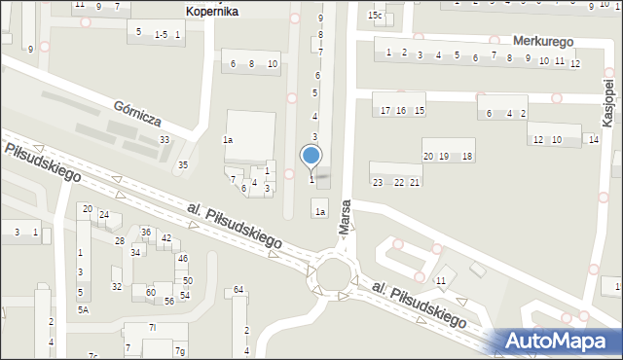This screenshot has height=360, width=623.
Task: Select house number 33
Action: (165, 140)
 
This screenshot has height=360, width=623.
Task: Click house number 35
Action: (182, 164)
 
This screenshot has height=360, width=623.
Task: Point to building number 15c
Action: (375, 16)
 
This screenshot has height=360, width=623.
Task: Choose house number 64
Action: (238, 290)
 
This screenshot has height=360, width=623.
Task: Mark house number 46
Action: (182, 258)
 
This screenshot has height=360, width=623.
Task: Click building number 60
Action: (151, 292)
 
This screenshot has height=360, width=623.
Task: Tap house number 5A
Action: (84, 309)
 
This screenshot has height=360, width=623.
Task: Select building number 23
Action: (378, 183)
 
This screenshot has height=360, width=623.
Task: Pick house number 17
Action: (385, 110)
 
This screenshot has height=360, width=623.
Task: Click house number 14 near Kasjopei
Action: (593, 140)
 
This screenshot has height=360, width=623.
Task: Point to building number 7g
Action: (179, 350)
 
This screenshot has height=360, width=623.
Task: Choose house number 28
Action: (120, 240)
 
